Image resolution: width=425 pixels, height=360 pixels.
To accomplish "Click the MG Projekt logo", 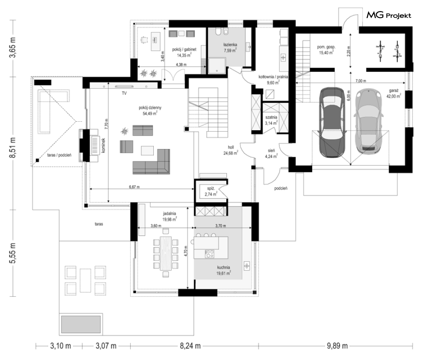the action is (x=389, y=15).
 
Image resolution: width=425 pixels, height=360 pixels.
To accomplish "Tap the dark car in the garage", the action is (x=332, y=123).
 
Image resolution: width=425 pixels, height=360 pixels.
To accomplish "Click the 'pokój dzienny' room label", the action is (x=150, y=108).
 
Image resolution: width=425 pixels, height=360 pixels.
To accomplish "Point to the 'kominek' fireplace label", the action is (x=103, y=146).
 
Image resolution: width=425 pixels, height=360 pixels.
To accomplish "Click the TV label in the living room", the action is (x=124, y=93).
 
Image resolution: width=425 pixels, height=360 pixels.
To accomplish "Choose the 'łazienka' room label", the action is (x=230, y=44).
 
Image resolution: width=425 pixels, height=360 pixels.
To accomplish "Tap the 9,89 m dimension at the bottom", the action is (x=337, y=346).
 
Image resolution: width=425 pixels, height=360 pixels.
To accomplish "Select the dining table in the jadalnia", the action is (x=166, y=253).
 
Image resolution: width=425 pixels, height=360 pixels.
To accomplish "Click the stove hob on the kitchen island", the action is (x=209, y=254).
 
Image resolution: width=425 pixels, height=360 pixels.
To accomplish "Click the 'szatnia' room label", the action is (x=271, y=117).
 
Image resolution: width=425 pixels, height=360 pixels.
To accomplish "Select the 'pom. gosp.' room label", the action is (x=326, y=47).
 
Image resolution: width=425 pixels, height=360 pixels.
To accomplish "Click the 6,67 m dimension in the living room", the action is (x=135, y=187).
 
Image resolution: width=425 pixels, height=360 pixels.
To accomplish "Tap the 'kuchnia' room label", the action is (x=223, y=267).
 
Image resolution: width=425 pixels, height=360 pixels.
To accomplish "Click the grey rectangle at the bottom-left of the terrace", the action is (x=81, y=325).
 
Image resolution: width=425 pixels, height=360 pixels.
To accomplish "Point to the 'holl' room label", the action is (x=231, y=147).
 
